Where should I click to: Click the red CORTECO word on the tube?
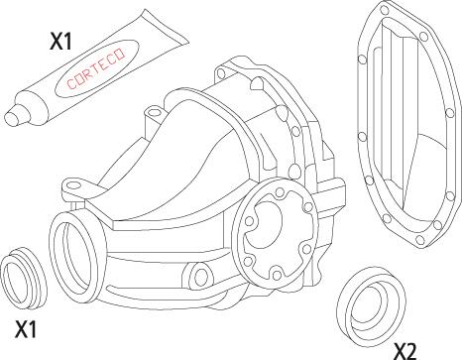96,68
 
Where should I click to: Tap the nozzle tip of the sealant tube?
13,117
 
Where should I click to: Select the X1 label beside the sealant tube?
60,42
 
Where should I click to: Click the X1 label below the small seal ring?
26,328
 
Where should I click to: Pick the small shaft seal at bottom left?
24,273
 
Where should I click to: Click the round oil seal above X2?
372,306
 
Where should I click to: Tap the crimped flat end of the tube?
165,27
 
